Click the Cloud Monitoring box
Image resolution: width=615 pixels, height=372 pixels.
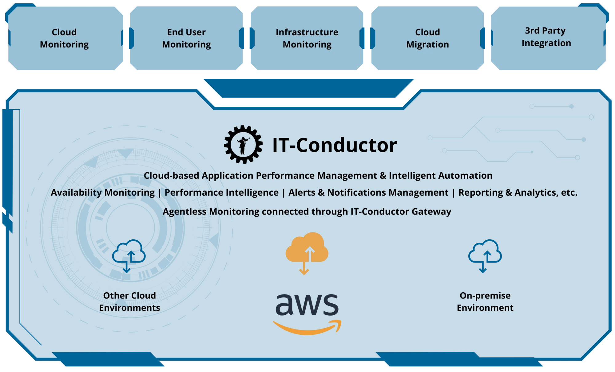point(64,38)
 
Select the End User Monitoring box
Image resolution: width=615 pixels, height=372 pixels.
point(186,38)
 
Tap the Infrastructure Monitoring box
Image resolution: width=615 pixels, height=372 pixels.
point(307,38)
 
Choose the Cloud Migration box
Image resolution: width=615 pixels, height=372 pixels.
point(427,38)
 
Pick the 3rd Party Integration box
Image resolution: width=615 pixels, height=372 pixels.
point(546,37)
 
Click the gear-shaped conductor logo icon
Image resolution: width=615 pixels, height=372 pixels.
point(243,144)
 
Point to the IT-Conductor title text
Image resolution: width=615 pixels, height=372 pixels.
point(335,145)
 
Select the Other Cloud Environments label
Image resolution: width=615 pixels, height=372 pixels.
point(129,302)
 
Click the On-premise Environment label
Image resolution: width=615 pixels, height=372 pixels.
point(485,302)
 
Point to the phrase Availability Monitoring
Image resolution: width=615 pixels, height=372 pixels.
point(103,193)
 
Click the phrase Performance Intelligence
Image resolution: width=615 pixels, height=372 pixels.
point(221,193)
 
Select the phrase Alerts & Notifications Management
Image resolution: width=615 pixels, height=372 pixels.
point(368,193)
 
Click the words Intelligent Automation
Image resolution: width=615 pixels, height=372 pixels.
point(440,176)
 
